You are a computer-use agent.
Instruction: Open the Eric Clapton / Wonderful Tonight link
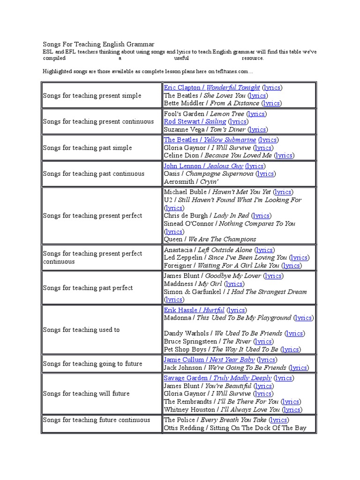[x=211, y=88]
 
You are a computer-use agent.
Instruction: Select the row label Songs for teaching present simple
[x=92, y=96]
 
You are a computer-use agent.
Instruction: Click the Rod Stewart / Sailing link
[x=195, y=122]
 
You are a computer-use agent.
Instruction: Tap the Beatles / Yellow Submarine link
[x=210, y=140]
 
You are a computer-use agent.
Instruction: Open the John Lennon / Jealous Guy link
[x=203, y=166]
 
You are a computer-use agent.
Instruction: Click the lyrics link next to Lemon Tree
[x=257, y=114]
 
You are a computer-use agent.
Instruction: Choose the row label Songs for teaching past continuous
[x=94, y=174]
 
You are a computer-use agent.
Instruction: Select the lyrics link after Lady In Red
[x=261, y=216]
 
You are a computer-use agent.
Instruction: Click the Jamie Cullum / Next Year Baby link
[x=209, y=360]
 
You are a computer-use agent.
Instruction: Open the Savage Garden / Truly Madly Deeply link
[x=217, y=378]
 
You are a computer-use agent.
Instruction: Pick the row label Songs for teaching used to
[x=81, y=330]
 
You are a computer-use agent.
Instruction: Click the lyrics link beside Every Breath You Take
[x=279, y=420]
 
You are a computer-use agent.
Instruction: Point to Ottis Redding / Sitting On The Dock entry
[x=235, y=428]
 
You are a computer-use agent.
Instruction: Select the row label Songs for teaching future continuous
[x=97, y=420]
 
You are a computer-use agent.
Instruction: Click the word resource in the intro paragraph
[x=253, y=59]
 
